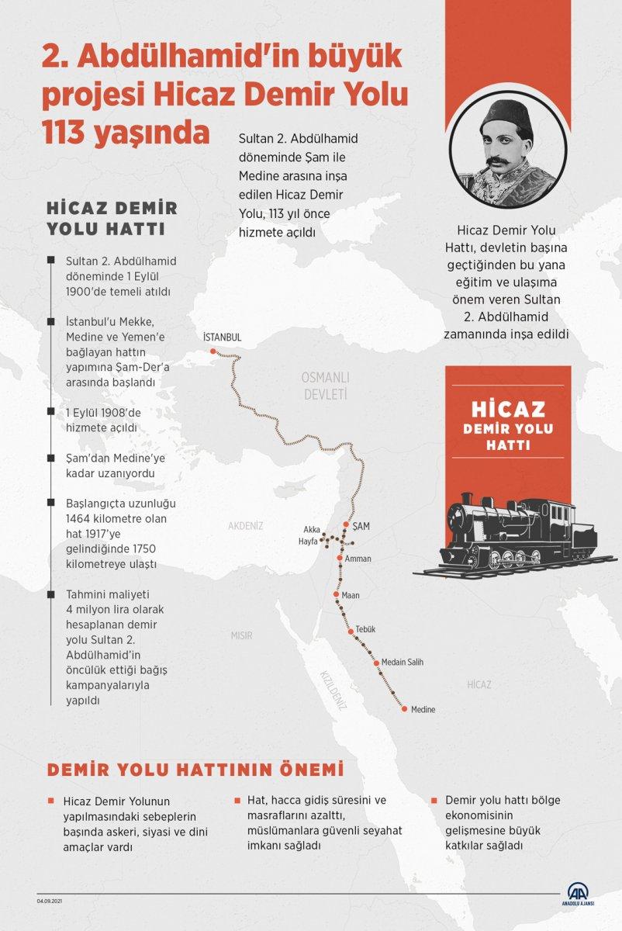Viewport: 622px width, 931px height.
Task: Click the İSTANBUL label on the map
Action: pos(222,337)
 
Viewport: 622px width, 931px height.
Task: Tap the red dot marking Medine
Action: pos(404,708)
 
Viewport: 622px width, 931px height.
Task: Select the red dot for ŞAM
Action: pos(346,524)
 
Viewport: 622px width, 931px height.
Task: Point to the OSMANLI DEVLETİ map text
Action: pos(326,385)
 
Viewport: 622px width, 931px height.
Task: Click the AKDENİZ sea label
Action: pos(246,526)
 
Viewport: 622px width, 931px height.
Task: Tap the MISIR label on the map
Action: pos(242,635)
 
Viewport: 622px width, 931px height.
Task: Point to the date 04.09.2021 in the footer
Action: pos(51,902)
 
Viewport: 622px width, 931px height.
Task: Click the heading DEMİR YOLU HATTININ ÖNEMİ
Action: pos(195,771)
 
